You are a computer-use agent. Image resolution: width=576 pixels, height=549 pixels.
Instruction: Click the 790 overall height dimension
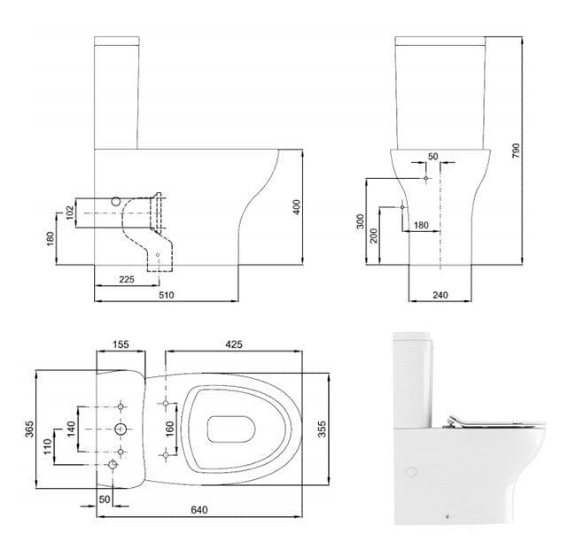516,151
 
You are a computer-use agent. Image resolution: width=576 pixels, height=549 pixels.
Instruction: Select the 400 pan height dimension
298,206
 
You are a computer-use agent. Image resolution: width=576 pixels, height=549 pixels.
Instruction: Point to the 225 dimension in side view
128,280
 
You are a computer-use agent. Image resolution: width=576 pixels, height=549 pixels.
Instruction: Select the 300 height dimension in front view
361,220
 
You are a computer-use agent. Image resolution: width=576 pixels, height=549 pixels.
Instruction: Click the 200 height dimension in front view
374,236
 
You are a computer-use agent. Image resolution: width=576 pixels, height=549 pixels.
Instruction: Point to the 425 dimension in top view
233,344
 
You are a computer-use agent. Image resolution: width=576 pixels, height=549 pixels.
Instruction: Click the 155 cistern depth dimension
121,344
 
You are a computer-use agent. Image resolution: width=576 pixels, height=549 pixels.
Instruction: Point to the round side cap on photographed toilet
409,472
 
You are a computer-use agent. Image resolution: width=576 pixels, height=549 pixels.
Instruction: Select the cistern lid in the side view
118,41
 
